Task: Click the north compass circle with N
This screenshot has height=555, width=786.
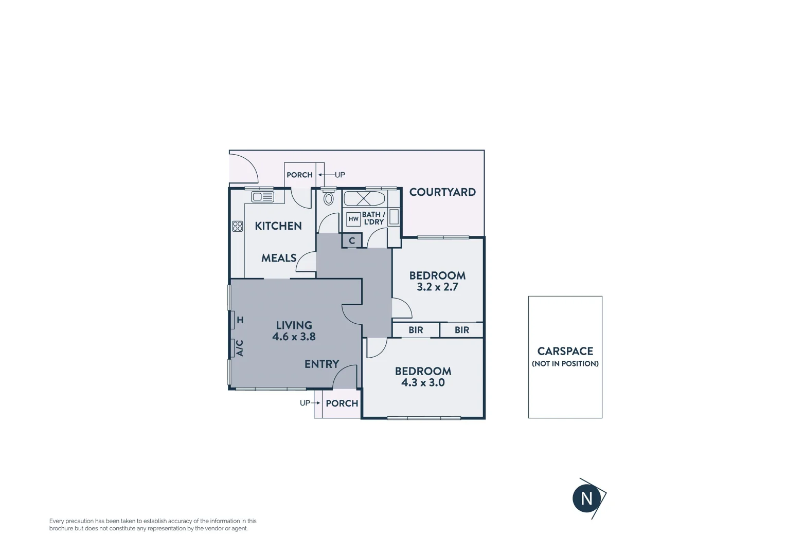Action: [586, 498]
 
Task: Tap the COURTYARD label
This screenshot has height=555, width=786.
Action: [442, 192]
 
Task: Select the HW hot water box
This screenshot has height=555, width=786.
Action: [353, 219]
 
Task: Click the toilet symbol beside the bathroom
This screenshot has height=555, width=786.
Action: [328, 198]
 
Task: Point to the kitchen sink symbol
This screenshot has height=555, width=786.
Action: [262, 197]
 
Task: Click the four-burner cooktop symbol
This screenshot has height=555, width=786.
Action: [237, 226]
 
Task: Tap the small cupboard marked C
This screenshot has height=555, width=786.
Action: [352, 240]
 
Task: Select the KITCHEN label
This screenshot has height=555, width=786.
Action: [278, 226]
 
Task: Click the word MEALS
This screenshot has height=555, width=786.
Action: [279, 258]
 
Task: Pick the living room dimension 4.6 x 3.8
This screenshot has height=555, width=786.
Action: [294, 337]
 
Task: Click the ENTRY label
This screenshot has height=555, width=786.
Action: [321, 364]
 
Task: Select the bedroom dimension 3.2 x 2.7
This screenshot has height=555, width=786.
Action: [437, 287]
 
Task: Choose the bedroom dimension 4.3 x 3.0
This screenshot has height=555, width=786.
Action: [423, 383]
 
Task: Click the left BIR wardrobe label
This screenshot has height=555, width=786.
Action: [416, 330]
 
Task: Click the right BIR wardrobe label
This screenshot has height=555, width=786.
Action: [462, 330]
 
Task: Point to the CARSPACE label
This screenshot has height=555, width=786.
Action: [565, 351]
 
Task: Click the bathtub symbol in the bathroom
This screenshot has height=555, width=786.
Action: [364, 198]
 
